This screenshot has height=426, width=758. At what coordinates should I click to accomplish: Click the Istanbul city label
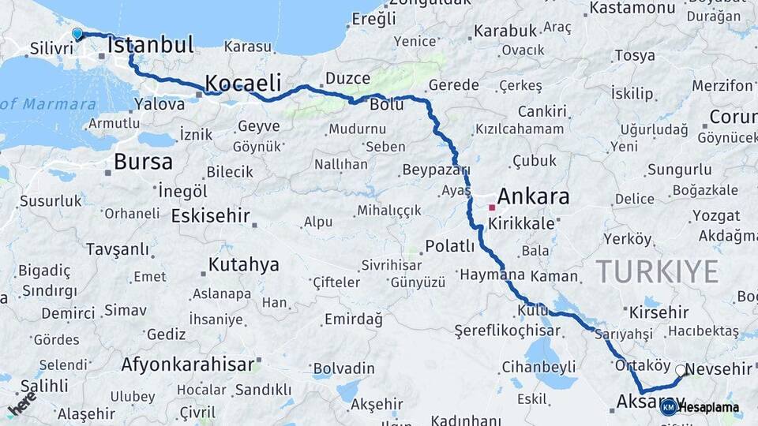point(151,45)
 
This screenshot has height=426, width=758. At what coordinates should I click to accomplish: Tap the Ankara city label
point(533,196)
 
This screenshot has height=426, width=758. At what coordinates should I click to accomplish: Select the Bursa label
point(143,162)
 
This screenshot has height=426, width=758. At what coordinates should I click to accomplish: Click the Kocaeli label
point(243,82)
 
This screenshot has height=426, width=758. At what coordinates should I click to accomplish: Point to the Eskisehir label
point(210,215)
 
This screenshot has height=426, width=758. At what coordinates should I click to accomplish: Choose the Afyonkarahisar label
point(188,364)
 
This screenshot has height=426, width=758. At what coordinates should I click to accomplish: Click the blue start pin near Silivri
point(77,34)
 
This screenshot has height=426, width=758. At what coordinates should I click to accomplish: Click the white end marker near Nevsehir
point(681,369)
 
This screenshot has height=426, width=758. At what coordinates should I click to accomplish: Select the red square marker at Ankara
point(491,207)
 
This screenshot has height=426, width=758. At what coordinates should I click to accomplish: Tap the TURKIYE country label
point(657,271)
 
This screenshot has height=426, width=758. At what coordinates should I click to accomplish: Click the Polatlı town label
point(450,246)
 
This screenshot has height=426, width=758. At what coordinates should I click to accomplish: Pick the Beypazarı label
point(436,170)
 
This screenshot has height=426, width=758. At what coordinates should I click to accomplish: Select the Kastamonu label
point(630,8)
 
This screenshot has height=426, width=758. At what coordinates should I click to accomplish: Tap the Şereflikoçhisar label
point(505,330)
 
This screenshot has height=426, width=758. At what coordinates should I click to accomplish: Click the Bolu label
point(387,104)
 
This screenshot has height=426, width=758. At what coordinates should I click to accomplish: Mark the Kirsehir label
point(659,312)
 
